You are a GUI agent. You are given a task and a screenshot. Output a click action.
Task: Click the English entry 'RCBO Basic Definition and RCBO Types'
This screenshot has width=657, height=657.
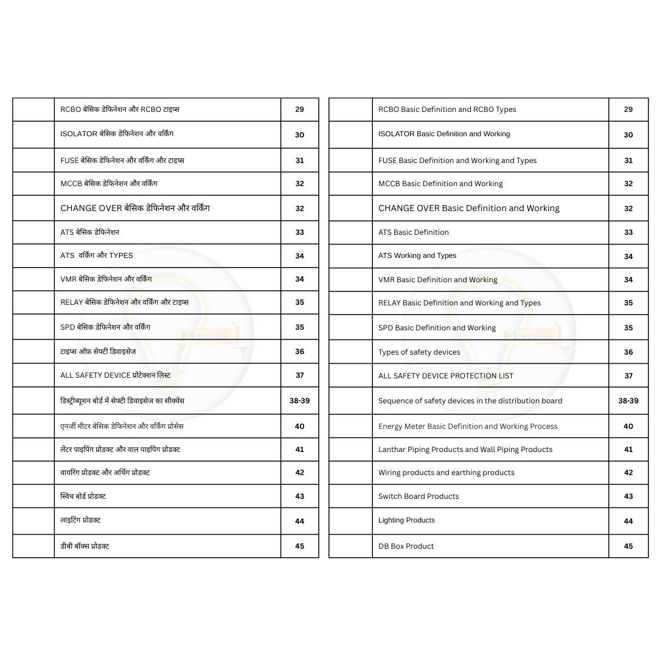(447, 109)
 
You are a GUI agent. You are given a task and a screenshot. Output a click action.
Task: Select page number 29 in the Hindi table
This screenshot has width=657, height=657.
(299, 109)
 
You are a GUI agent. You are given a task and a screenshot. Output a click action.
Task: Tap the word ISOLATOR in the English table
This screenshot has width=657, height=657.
(396, 134)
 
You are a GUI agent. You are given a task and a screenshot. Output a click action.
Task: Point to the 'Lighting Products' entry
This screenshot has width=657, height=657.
(406, 520)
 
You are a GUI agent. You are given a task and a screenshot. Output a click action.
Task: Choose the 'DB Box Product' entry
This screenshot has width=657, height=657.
(406, 546)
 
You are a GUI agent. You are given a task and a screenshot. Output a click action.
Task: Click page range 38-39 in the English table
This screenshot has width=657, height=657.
(628, 401)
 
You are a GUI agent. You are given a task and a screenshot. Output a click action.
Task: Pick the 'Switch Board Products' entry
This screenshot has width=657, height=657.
(419, 496)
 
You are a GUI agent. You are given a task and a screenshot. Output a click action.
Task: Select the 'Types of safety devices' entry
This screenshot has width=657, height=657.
(419, 352)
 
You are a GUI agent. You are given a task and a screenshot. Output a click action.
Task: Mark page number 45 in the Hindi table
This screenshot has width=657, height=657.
(299, 546)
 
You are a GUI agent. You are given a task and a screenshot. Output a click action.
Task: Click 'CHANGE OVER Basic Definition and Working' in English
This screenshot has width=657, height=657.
(468, 208)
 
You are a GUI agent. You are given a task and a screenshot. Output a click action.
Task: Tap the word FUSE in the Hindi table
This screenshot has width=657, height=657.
(69, 161)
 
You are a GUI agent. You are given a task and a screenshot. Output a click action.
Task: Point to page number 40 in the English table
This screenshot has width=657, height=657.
(628, 426)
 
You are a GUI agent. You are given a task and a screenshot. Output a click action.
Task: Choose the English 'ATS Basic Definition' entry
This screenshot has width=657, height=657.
(414, 232)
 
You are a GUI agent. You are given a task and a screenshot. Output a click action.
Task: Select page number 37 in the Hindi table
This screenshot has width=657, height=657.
(299, 375)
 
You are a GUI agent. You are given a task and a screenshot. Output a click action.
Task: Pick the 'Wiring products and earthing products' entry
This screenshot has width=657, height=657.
(446, 473)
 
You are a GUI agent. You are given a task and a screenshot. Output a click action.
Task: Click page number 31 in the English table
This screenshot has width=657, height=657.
(628, 161)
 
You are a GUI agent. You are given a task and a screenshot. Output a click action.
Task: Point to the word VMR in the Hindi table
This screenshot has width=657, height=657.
(68, 279)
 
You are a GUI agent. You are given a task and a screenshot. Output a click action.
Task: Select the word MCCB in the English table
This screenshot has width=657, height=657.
(389, 184)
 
